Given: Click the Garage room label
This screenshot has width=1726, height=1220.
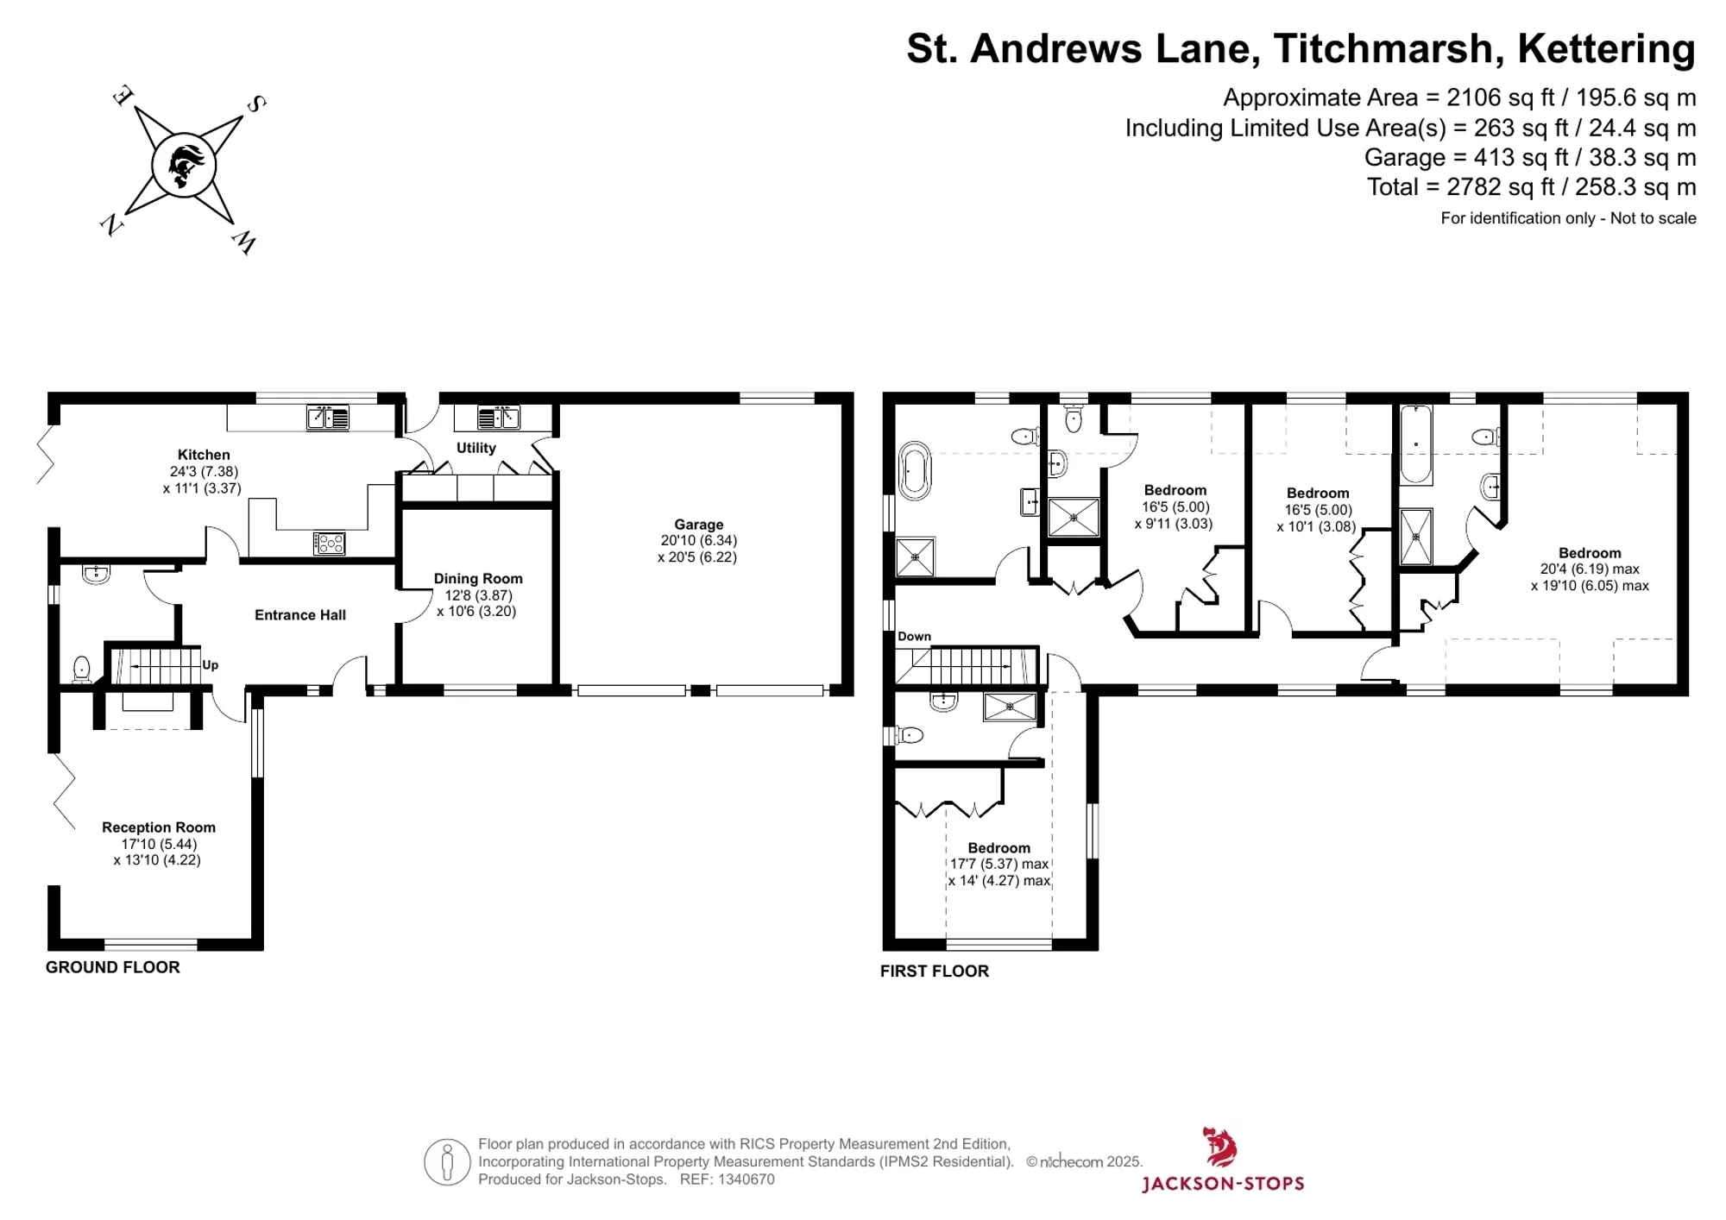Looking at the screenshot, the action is coord(699,525).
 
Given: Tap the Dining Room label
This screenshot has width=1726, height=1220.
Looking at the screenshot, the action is coord(478,579).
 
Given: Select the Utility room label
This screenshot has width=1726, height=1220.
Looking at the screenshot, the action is coord(476,448).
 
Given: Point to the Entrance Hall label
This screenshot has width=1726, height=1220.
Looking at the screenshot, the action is coord(300,615).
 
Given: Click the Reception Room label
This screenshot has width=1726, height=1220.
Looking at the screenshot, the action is coord(159,827).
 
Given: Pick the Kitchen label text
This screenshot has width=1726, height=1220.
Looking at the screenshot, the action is coord(204,455).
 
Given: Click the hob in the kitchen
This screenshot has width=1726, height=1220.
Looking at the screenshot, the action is coord(329,543).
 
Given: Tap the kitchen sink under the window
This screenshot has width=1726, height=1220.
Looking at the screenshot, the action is coord(328,418).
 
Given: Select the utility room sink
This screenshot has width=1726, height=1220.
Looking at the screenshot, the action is coord(499,418).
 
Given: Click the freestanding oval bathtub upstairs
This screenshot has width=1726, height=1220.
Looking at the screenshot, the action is coord(915,471).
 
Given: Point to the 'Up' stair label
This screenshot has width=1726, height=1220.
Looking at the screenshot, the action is coord(211,665).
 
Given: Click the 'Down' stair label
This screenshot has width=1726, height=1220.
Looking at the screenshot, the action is coord(915,637).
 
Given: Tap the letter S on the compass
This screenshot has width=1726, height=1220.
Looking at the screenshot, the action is coord(256,104).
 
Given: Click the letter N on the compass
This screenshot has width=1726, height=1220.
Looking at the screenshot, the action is coord(111,226).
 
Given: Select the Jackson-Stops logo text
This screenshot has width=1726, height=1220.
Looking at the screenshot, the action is coord(1223,1183).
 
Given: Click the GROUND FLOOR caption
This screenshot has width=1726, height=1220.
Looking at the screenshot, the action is coord(113,967).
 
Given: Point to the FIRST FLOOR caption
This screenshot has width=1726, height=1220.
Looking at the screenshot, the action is coord(935,971).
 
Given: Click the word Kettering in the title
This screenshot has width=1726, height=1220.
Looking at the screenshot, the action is coord(1607,49).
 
